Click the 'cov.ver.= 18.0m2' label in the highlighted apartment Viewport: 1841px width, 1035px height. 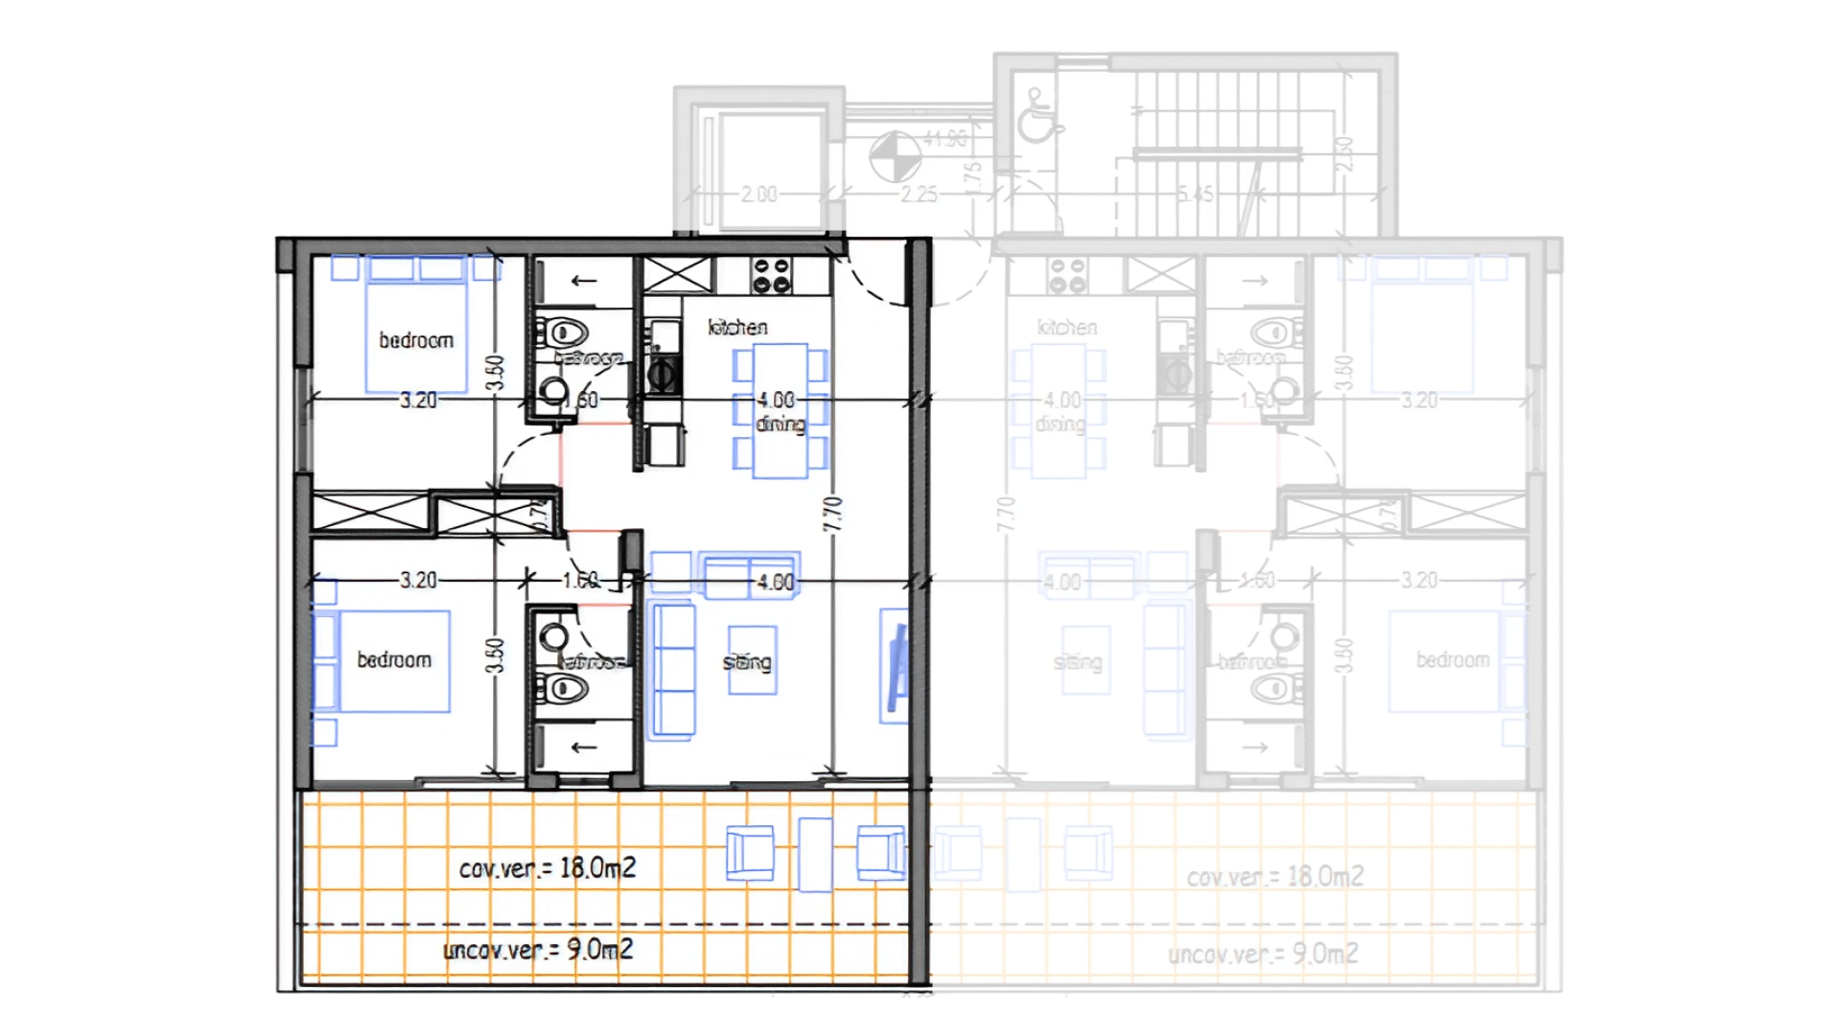[x=547, y=868]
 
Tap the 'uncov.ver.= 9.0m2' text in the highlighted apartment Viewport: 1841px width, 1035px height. [x=537, y=950]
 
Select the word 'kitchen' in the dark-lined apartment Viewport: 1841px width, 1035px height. [x=737, y=328]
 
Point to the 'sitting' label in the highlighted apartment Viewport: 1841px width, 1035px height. [x=747, y=662]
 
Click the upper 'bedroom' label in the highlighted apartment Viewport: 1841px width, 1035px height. [x=416, y=340]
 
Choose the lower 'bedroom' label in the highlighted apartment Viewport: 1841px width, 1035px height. [x=394, y=659]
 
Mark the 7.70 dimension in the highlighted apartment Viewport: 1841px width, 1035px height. [x=832, y=515]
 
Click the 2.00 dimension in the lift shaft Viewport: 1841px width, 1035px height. [x=758, y=195]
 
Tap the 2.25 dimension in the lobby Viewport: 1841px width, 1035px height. [x=919, y=195]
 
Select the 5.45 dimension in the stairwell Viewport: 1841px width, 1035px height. [x=1195, y=195]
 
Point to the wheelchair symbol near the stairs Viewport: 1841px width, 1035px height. [x=1036, y=117]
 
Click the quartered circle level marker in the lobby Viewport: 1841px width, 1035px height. [x=895, y=157]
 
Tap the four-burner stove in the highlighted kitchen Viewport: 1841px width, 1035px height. [x=772, y=275]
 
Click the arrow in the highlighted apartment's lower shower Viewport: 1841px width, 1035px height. [x=583, y=747]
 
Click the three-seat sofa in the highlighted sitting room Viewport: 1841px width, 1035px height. [x=672, y=670]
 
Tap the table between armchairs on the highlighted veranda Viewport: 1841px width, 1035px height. [x=815, y=854]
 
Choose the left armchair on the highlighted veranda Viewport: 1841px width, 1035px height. [x=750, y=853]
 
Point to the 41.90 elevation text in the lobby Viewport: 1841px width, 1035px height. [x=945, y=140]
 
